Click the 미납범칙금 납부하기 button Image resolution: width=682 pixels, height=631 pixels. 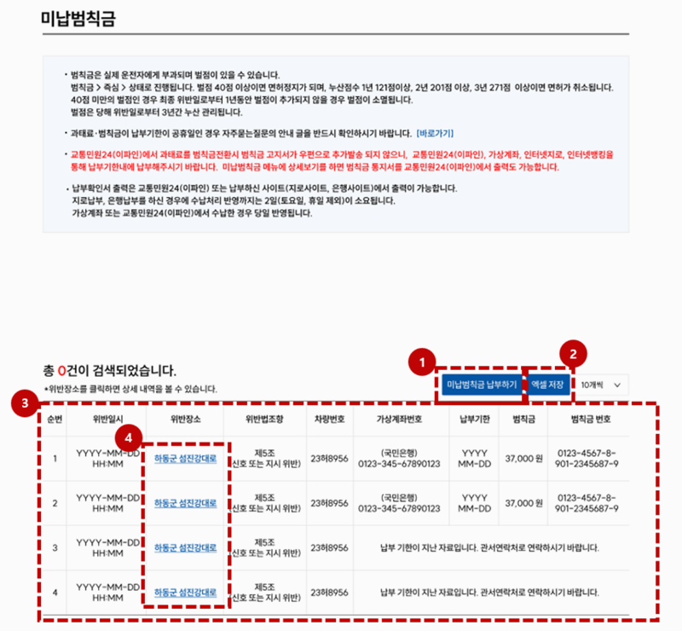click(x=481, y=385)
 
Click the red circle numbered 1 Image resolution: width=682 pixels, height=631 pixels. click(x=420, y=363)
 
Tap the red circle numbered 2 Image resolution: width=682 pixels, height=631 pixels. click(x=575, y=350)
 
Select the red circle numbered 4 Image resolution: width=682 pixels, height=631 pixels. click(x=129, y=437)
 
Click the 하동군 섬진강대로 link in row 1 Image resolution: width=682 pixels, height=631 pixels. click(x=185, y=459)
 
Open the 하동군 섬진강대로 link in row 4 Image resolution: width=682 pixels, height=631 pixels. click(x=185, y=592)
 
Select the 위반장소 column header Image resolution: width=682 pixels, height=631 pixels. click(x=185, y=420)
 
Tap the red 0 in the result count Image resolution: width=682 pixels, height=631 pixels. click(x=61, y=371)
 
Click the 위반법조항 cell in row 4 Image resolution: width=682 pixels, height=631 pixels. click(x=264, y=592)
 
